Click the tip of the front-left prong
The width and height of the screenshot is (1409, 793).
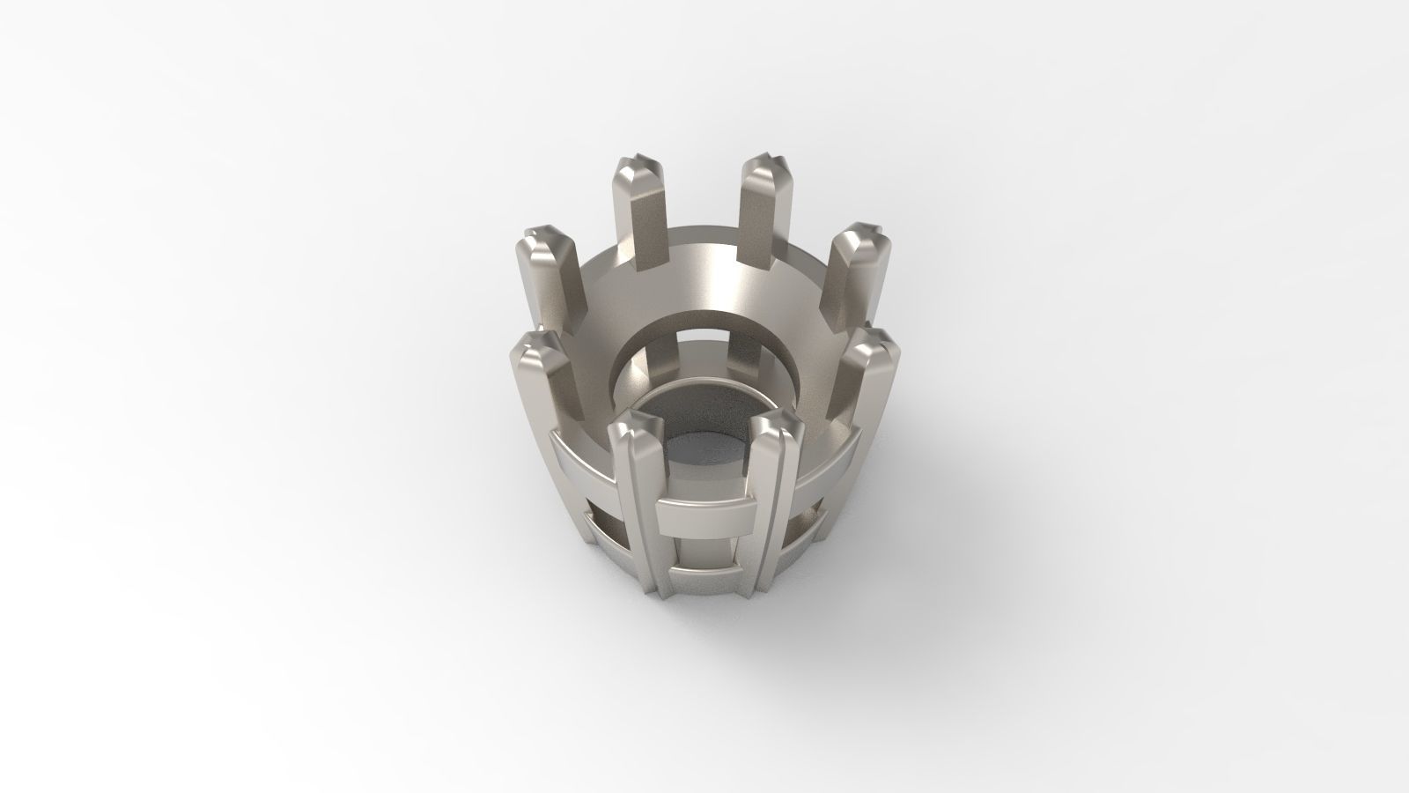pos(633,427)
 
